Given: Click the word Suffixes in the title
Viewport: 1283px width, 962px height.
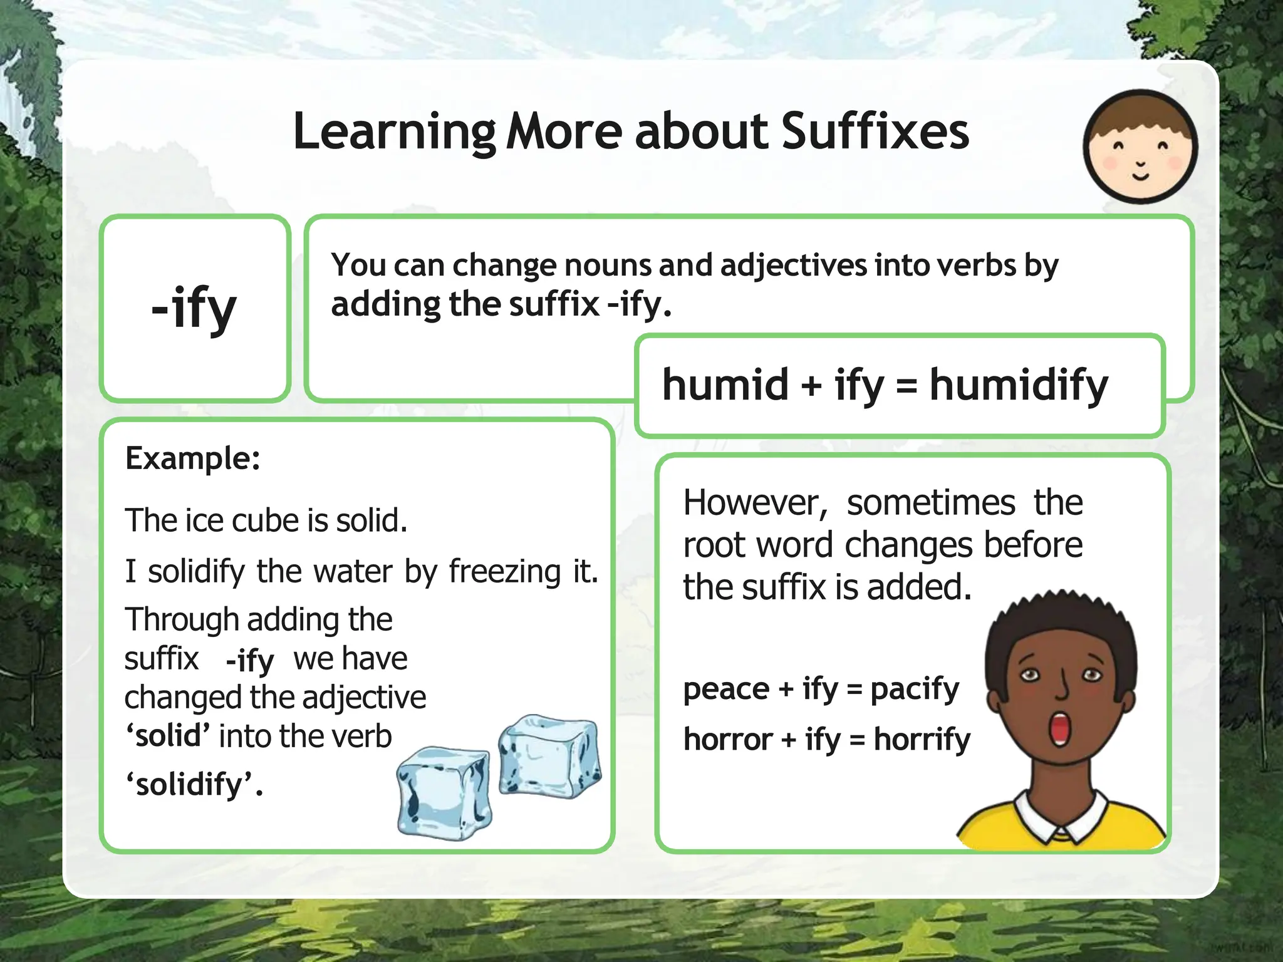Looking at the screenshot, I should click(875, 132).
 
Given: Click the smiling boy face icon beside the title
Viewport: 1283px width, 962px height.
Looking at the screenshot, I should click(1140, 147).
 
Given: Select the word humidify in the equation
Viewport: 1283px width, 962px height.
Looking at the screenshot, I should click(1019, 385).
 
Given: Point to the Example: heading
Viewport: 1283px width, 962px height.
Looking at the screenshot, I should click(193, 458).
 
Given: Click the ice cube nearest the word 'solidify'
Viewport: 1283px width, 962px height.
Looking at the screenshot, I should click(444, 793).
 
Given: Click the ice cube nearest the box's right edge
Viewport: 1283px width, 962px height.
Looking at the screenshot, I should click(549, 756).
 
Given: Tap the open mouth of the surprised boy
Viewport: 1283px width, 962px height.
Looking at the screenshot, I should click(1060, 729).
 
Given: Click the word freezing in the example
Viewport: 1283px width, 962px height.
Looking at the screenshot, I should click(505, 571).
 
